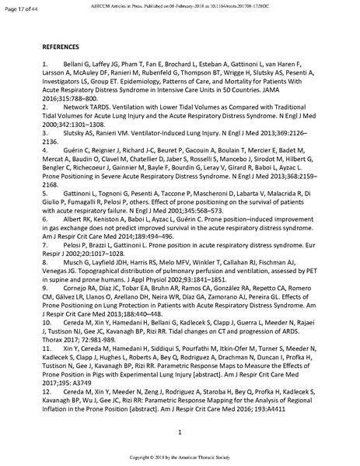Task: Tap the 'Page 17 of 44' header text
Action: click(25, 7)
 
